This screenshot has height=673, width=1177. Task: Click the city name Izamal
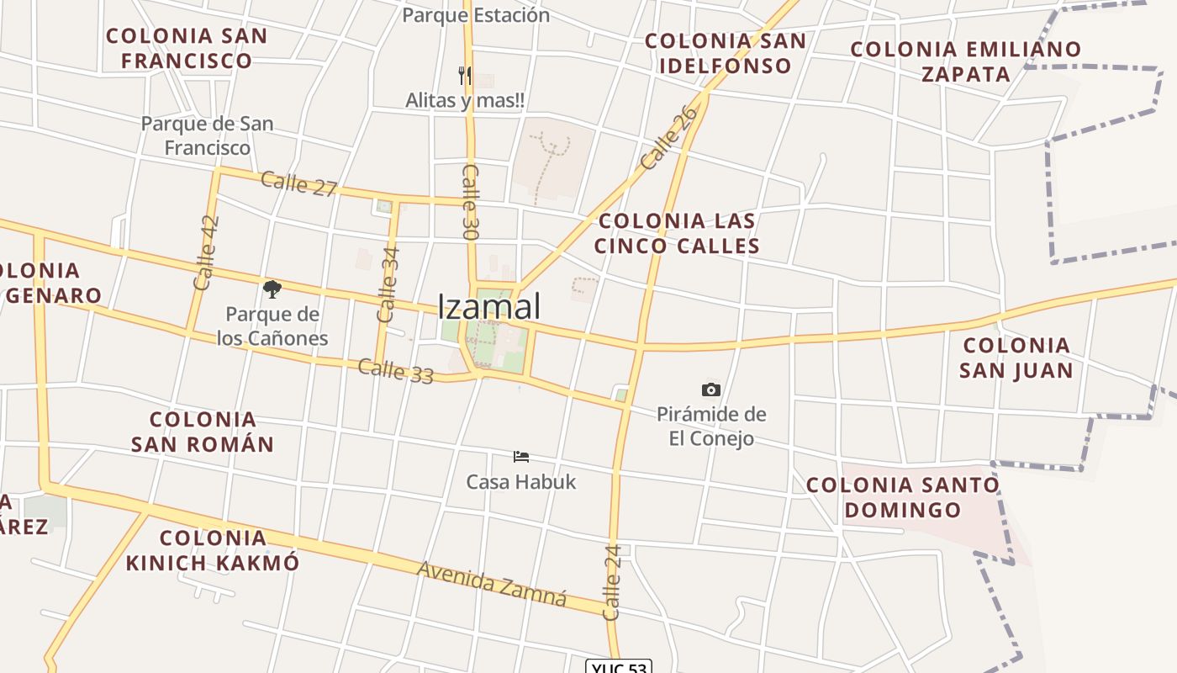point(489,307)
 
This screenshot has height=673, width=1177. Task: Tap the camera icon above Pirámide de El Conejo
point(711,389)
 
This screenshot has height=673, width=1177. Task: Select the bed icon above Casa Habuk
point(521,457)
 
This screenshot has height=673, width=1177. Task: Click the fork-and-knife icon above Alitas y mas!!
point(465,76)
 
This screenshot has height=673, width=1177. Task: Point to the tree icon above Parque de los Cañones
point(272,290)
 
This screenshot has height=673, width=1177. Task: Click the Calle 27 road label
point(298,183)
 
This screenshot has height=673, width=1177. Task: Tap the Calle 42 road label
point(206,253)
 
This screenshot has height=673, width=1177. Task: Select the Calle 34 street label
point(388,284)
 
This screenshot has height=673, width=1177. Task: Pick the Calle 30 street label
point(470,202)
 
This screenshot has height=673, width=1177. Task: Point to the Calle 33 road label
point(395,371)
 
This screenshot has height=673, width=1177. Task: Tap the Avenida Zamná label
point(492,584)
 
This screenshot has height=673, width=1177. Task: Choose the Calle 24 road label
point(612,582)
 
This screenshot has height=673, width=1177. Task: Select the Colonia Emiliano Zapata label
point(966,61)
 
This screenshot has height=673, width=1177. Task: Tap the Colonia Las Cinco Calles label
point(677,233)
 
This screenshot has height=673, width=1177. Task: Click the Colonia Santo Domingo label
point(903,497)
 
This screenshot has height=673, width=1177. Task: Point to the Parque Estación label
point(476,15)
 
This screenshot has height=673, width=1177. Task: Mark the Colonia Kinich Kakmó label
point(213,550)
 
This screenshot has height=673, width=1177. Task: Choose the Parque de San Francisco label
point(207,135)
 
